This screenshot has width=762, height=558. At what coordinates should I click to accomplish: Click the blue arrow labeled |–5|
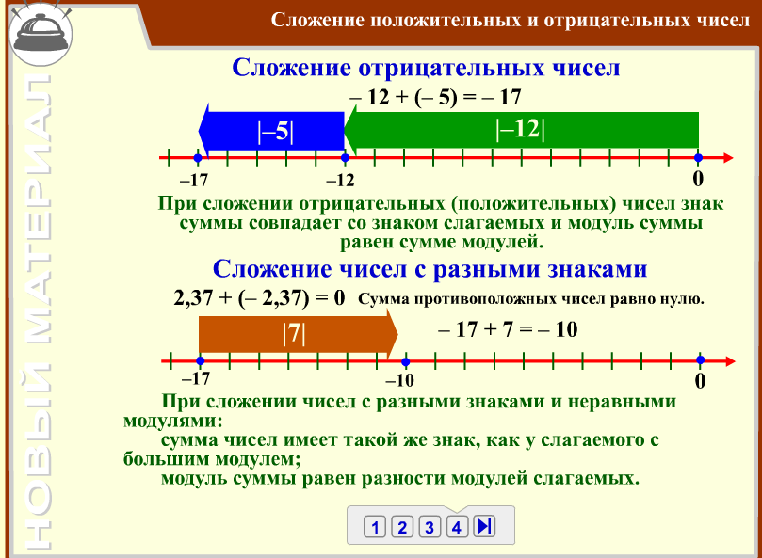click(273, 132)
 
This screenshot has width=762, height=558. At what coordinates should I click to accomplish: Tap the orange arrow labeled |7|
click(294, 334)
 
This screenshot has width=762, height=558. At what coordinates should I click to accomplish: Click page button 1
click(375, 527)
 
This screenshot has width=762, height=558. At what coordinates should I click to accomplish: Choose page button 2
click(402, 527)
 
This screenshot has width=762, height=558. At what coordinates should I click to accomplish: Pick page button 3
click(430, 527)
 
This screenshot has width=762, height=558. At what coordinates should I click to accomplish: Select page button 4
click(457, 527)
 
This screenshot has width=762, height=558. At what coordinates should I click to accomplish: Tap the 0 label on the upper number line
click(698, 178)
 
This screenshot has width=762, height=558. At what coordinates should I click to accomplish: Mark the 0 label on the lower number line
click(700, 381)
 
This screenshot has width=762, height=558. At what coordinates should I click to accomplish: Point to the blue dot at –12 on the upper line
click(345, 157)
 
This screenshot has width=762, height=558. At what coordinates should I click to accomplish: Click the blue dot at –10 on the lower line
click(405, 360)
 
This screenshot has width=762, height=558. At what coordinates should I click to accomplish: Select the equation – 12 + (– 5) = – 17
click(434, 98)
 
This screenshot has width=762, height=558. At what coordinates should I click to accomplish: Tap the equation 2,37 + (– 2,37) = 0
click(260, 299)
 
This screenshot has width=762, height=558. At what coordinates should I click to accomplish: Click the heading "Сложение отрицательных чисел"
click(426, 69)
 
